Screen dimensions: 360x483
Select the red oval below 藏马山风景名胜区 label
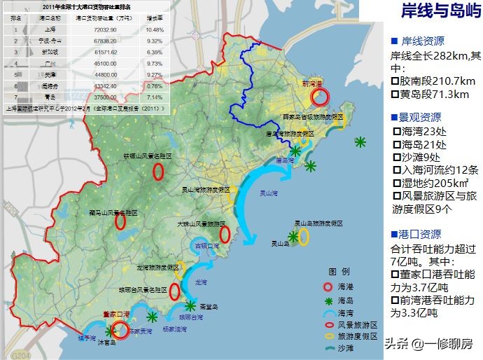[x=120, y=222]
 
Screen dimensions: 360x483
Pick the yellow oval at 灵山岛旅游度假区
[x=303, y=237]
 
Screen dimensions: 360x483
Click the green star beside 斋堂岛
[x=190, y=305]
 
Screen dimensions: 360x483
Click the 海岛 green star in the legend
[x=327, y=300]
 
